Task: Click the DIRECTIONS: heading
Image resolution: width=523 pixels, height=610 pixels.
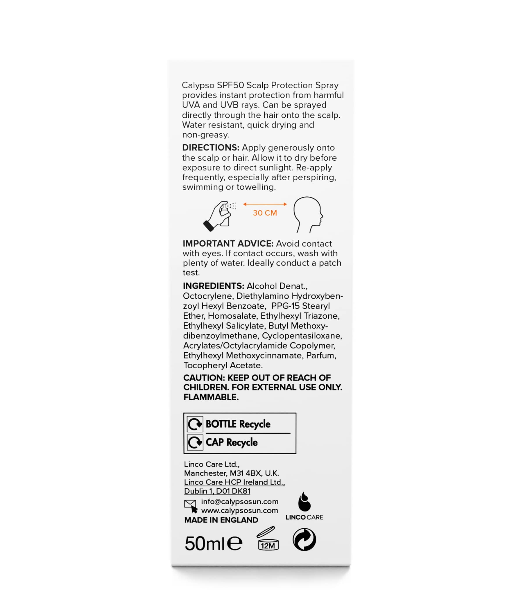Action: coord(211,148)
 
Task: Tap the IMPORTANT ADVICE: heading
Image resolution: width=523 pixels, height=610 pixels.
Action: coord(228,243)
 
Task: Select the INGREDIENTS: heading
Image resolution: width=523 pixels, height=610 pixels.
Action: coord(213,286)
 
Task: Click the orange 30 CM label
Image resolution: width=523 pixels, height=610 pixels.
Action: coord(265,213)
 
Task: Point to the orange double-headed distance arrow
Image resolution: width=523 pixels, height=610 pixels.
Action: coord(265,204)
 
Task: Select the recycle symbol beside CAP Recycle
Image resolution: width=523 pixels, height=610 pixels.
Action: coord(195,442)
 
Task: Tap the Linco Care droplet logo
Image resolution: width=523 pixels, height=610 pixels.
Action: coord(304,506)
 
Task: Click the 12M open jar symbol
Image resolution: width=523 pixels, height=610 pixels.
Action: coord(267,539)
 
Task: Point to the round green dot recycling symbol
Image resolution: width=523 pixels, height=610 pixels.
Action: coord(304,540)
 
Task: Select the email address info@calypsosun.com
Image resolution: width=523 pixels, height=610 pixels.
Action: coord(239,501)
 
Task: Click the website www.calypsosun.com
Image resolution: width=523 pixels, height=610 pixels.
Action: coord(239,510)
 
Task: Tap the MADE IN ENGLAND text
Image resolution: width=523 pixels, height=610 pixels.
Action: coord(221,520)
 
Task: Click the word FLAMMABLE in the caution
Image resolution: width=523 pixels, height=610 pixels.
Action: coord(211,397)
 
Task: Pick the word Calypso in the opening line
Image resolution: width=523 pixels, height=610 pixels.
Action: coord(198,85)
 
